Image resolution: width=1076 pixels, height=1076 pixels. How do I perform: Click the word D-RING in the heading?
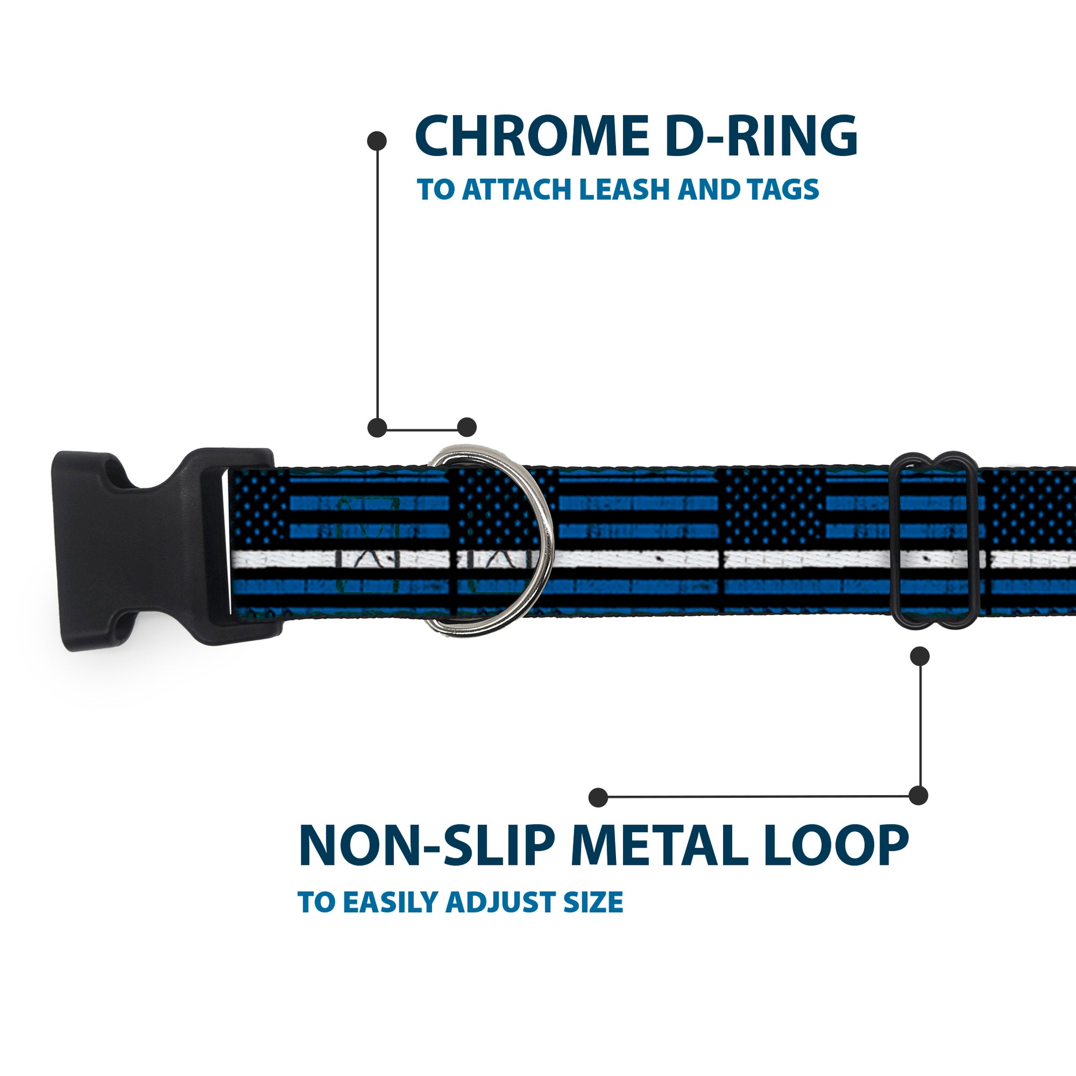coord(761,136)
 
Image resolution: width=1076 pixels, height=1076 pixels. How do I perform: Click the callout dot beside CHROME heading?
coord(378,140)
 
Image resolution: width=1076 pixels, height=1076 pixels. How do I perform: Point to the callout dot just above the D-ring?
coord(467,427)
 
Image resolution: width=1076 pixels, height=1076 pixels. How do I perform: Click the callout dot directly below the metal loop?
coord(920,656)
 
